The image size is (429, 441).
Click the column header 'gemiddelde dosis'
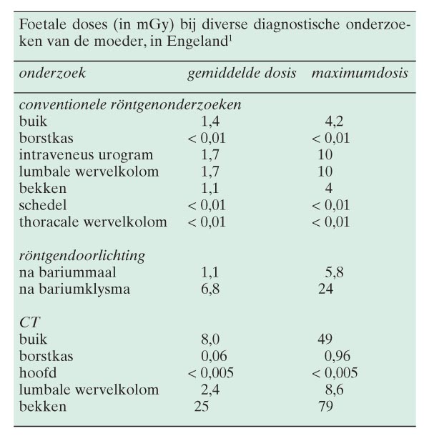coord(240,73)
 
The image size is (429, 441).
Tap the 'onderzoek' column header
coord(51,73)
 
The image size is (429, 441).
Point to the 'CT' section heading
coord(28,322)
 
